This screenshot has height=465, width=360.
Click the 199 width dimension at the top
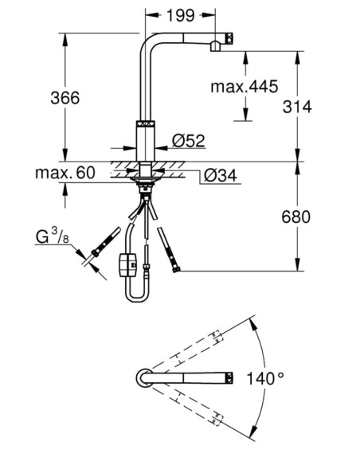click(181, 15)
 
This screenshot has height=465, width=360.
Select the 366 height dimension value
click(65, 98)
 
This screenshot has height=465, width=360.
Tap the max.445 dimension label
click(245, 87)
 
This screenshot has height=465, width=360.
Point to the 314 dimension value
click(297, 107)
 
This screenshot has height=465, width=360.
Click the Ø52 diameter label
click(189, 141)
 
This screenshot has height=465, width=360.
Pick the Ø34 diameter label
click(221, 175)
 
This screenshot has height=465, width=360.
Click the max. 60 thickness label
click(65, 173)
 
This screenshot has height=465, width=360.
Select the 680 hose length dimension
click(295, 217)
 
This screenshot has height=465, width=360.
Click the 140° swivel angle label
click(264, 379)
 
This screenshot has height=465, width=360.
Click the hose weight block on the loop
click(127, 265)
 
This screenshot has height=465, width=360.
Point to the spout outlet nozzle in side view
click(216, 47)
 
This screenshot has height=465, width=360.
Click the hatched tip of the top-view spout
click(230, 378)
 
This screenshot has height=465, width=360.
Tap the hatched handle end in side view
click(230, 39)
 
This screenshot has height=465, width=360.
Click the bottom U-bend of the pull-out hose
click(137, 299)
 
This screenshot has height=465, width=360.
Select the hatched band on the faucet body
click(145, 124)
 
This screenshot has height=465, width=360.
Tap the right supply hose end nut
click(176, 269)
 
